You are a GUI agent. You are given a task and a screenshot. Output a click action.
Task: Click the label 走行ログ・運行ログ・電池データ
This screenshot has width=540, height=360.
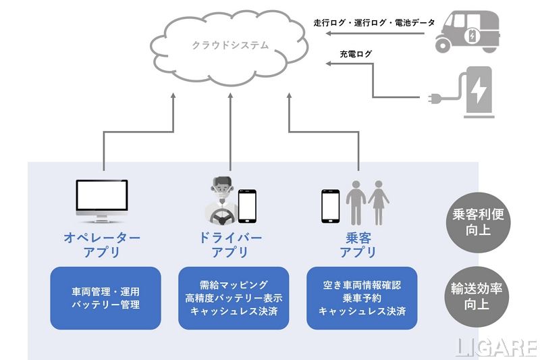click(x=374, y=22)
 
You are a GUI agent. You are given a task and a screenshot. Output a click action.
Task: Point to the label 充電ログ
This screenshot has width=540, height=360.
click(x=356, y=53)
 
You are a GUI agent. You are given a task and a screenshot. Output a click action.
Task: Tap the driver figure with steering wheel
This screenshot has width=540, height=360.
click(x=219, y=200)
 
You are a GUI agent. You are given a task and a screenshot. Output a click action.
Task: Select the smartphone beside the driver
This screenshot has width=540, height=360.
click(x=248, y=205)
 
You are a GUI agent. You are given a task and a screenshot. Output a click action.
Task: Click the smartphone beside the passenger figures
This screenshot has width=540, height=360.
click(x=330, y=205)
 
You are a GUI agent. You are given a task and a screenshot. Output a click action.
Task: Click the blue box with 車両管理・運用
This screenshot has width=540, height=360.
click(x=106, y=298)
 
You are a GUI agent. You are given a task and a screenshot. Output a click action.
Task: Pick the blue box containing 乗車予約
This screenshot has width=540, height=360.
click(x=361, y=298)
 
